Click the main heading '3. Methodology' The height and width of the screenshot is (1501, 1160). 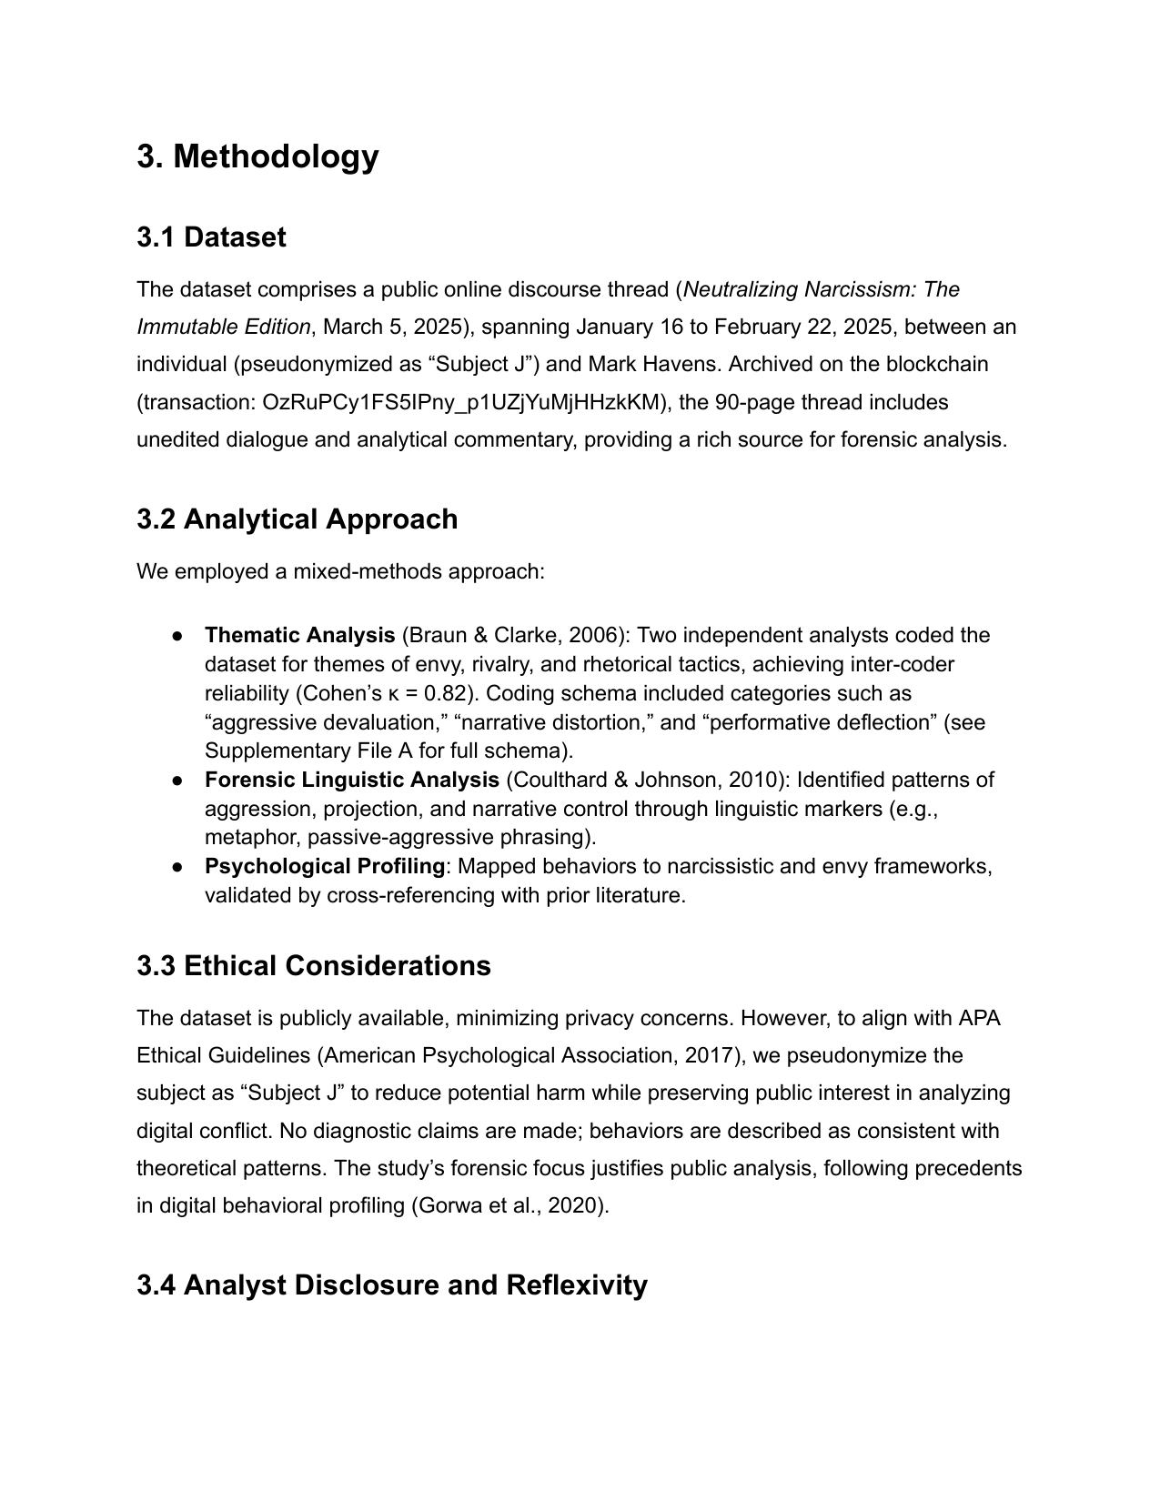coord(257,156)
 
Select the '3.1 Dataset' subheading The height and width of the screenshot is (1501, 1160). coord(211,237)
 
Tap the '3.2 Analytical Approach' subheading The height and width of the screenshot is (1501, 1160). coord(297,519)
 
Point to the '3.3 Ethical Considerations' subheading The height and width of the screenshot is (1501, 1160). coord(313,966)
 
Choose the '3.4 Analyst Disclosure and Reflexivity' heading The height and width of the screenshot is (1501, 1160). coord(391,1285)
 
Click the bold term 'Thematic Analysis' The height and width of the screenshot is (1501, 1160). coord(299,635)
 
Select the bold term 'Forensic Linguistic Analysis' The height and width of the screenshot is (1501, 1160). coord(351,780)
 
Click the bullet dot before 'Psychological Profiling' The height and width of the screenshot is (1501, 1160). coord(178,867)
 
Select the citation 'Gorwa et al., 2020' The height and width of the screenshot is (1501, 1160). coord(509,1206)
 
